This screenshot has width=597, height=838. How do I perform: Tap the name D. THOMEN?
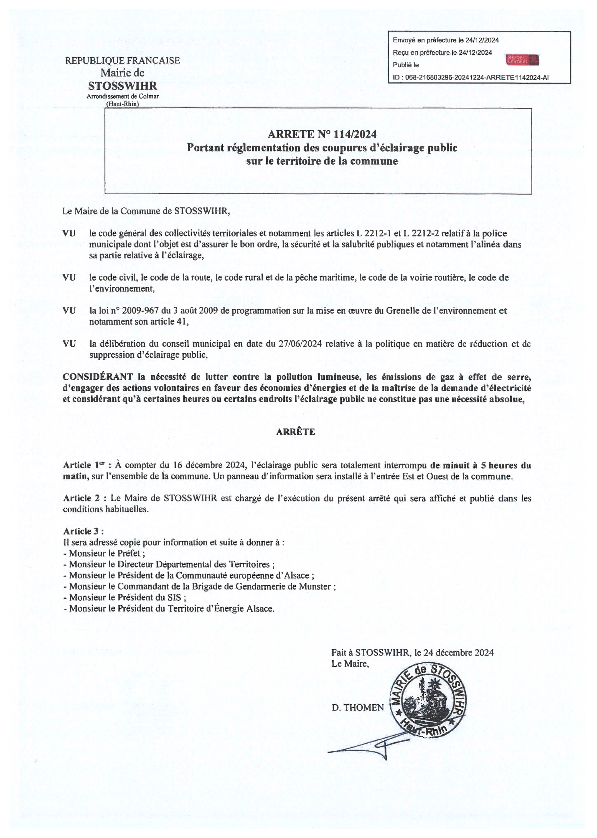[x=358, y=708]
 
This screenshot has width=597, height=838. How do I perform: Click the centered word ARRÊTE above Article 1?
[x=296, y=432]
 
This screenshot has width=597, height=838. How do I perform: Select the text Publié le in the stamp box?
[x=406, y=65]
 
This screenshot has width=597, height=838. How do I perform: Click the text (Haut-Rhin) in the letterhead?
[x=122, y=104]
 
